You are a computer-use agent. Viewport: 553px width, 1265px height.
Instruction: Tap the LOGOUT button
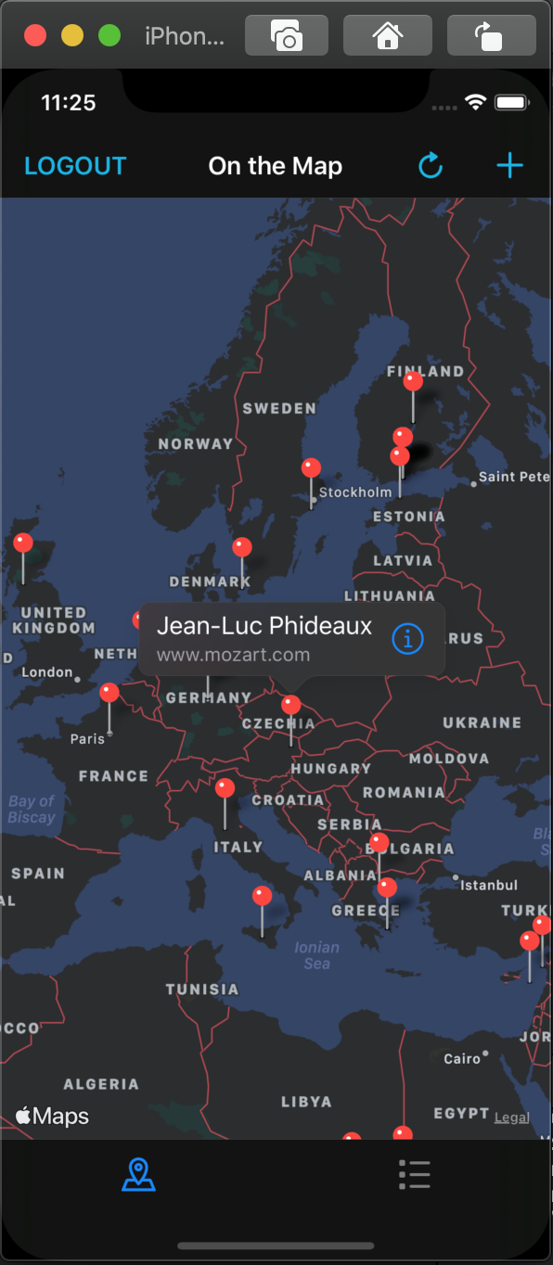pyautogui.click(x=75, y=166)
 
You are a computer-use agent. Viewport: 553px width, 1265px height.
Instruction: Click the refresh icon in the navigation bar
pyautogui.click(x=431, y=166)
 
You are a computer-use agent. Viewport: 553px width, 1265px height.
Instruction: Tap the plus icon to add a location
pyautogui.click(x=509, y=166)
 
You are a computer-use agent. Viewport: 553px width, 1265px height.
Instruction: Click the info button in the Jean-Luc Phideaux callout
pyautogui.click(x=408, y=639)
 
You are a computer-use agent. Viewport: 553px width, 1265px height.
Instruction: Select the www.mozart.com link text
pyautogui.click(x=233, y=655)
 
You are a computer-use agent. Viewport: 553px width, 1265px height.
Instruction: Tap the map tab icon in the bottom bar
pyautogui.click(x=139, y=1174)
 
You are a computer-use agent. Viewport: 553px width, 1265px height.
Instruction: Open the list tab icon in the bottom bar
pyautogui.click(x=414, y=1174)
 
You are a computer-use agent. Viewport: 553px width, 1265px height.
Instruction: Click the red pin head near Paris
pyautogui.click(x=109, y=693)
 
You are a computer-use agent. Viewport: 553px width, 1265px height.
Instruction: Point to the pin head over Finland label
pyautogui.click(x=414, y=380)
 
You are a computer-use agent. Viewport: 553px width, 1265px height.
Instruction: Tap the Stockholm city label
pyautogui.click(x=355, y=492)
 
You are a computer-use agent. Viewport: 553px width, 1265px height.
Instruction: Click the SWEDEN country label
pyautogui.click(x=279, y=408)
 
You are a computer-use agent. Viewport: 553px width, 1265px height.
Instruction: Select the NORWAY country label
pyautogui.click(x=196, y=444)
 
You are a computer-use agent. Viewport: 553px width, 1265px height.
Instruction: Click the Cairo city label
pyautogui.click(x=462, y=1058)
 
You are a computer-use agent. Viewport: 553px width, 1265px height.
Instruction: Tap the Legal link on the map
pyautogui.click(x=511, y=1118)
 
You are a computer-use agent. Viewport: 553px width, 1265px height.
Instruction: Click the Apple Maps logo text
pyautogui.click(x=53, y=1116)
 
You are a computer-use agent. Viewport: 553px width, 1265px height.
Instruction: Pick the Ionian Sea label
pyautogui.click(x=316, y=955)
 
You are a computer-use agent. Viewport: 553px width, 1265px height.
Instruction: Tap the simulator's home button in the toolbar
pyautogui.click(x=387, y=36)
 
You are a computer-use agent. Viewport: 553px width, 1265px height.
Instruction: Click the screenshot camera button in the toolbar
pyautogui.click(x=287, y=36)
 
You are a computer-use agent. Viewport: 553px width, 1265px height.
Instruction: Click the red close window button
pyautogui.click(x=35, y=36)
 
